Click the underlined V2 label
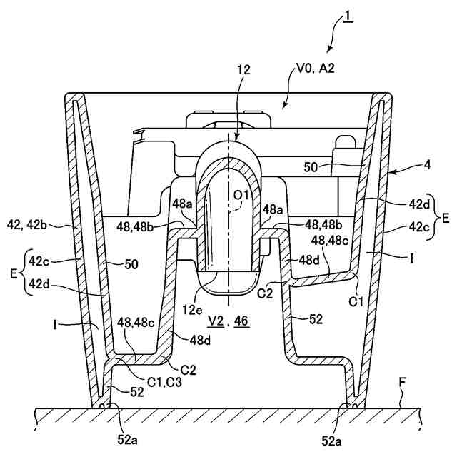214,322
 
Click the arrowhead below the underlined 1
328,50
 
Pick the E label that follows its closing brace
446,219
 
